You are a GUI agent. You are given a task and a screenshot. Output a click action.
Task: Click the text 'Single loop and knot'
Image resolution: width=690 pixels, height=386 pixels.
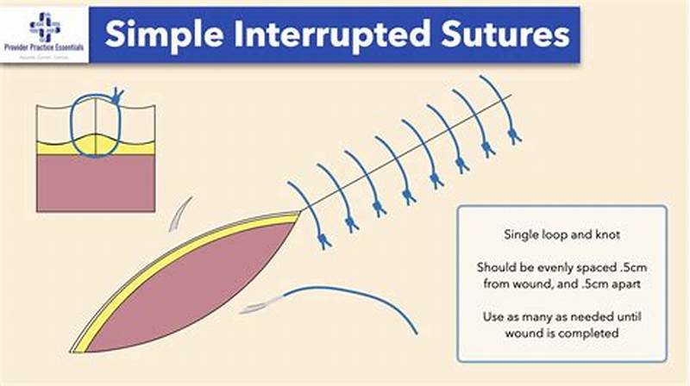pos(561,234)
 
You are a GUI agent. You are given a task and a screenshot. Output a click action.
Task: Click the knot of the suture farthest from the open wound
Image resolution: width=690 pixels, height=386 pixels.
pos(515,135)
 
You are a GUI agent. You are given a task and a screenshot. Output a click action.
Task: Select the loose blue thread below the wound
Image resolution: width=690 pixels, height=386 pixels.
pos(362,297)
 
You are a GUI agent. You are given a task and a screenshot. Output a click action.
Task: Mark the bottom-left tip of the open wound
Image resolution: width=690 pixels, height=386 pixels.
pos(74,351)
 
